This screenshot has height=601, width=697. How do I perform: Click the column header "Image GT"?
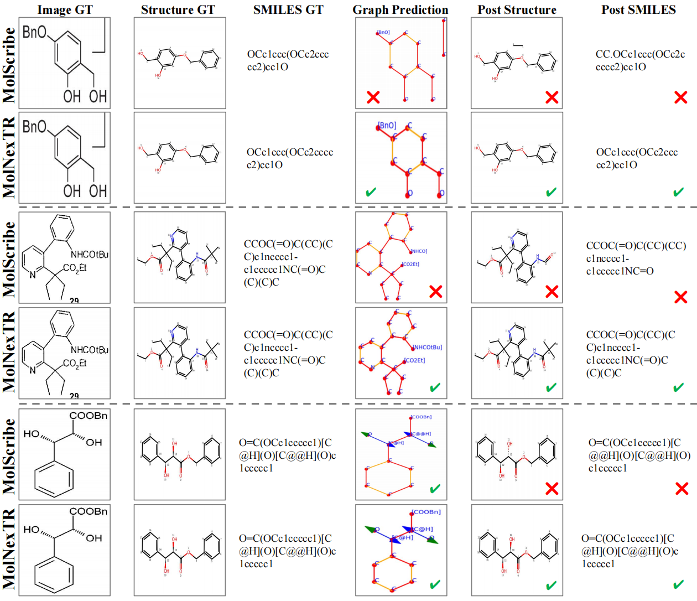[65, 10]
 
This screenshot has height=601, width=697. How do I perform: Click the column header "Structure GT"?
[178, 10]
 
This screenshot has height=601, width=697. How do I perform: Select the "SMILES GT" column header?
[288, 10]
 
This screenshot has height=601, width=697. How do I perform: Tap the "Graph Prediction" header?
[400, 10]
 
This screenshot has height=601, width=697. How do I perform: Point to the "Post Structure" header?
[517, 10]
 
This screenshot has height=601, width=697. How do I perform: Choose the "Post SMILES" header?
[638, 10]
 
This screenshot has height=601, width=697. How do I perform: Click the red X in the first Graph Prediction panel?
[373, 97]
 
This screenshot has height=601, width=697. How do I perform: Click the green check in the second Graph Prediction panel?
[371, 192]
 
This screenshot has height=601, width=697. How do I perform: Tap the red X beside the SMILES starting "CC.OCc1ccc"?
[681, 97]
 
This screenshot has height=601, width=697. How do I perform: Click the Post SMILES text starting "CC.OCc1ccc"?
[640, 60]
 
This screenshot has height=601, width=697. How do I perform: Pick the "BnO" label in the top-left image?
[34, 32]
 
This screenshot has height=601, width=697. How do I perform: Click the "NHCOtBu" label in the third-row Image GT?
[90, 255]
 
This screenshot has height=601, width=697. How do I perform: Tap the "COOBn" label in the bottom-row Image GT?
[89, 416]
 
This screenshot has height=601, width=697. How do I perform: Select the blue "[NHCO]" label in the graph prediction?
[419, 251]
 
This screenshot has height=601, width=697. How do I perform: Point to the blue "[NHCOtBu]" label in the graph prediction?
[428, 347]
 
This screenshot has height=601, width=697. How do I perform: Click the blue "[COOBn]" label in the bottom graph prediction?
[426, 512]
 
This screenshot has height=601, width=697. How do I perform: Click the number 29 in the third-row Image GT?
[74, 300]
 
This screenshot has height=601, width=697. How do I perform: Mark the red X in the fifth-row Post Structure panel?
[552, 488]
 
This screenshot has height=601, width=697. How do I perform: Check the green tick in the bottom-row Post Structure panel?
[551, 585]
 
